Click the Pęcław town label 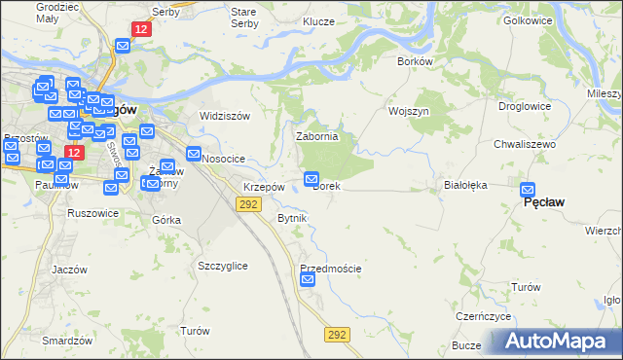[545, 202]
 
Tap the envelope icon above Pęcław [529, 190]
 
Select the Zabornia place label [316, 137]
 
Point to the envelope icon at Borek [311, 178]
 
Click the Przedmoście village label [331, 269]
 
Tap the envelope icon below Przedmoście [309, 280]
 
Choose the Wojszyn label [409, 112]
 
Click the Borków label [415, 61]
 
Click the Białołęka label [464, 183]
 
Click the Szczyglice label [222, 266]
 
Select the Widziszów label [225, 116]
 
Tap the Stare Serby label [243, 17]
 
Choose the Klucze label [318, 21]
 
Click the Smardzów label [67, 341]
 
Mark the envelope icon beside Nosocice [194, 154]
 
